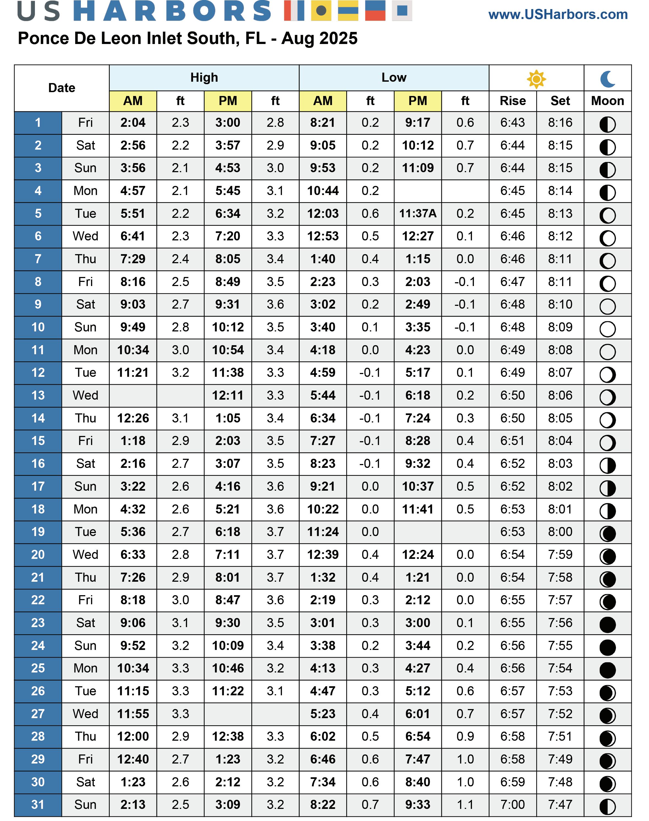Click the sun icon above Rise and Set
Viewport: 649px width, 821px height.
(536, 79)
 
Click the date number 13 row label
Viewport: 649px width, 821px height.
(38, 395)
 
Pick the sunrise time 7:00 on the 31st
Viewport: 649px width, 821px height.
(512, 804)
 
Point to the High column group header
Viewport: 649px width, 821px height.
(204, 78)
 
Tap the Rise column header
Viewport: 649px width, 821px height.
(512, 101)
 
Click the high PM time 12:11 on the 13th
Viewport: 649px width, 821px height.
(228, 395)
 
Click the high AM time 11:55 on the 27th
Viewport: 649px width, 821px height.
(133, 713)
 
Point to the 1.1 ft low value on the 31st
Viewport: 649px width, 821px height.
(465, 804)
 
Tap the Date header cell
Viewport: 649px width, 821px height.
(62, 88)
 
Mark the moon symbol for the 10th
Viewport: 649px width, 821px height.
(607, 329)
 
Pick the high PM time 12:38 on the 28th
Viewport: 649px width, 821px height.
(228, 736)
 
